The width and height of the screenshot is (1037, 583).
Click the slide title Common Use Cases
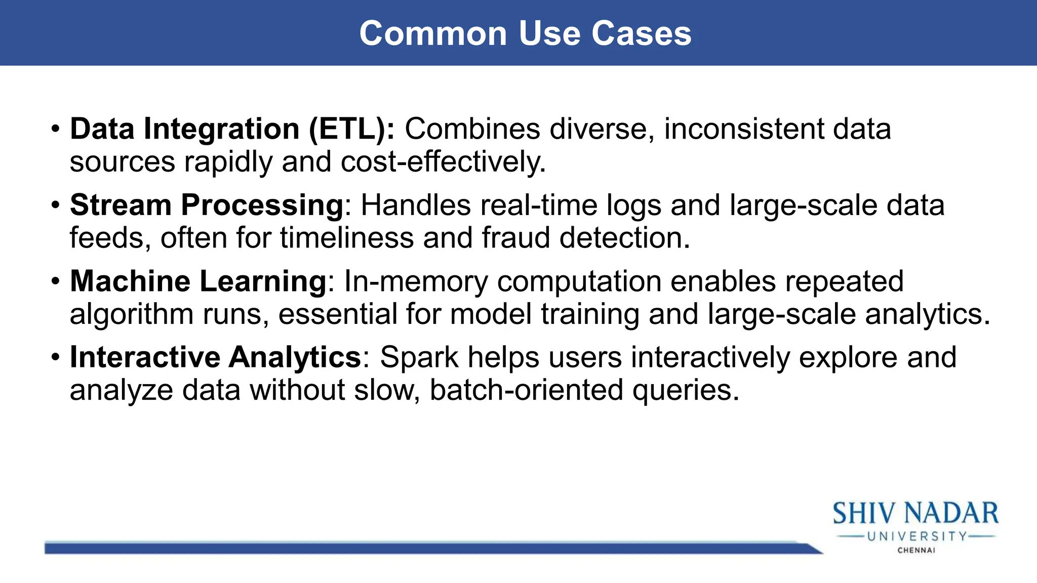click(525, 33)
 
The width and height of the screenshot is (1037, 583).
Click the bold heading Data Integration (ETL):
click(232, 129)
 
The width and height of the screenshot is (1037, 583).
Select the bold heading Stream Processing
click(207, 205)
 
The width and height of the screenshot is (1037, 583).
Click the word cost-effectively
click(443, 162)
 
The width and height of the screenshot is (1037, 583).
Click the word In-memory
click(416, 281)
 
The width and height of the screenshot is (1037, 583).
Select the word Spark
click(419, 357)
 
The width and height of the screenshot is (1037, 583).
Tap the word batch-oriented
click(526, 390)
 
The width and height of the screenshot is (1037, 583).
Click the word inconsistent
click(744, 129)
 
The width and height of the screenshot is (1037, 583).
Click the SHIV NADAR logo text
click(915, 513)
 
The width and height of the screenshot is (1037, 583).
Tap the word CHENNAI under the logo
click(916, 550)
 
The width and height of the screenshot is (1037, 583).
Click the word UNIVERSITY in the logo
click(916, 536)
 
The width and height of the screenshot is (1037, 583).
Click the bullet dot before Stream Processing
click(55, 205)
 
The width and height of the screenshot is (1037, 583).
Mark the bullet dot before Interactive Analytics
click(55, 358)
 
